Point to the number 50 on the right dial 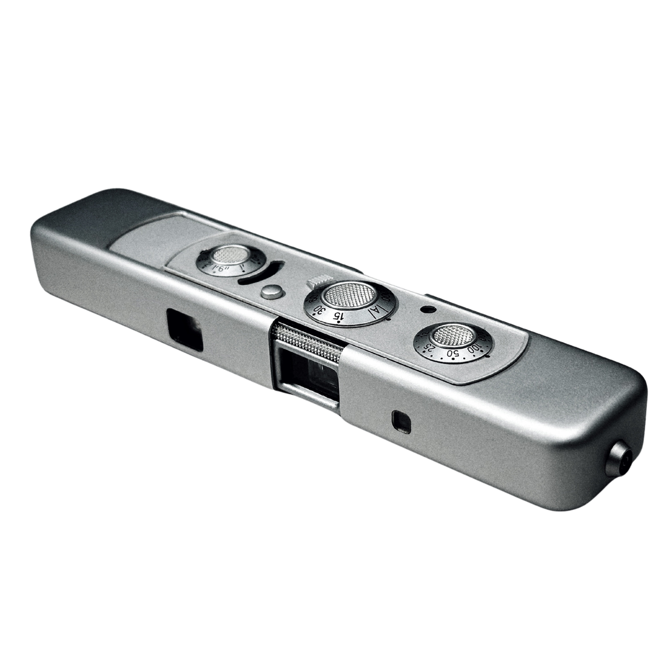pos(452,354)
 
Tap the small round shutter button pos(272,292)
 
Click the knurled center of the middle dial pos(350,295)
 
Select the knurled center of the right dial pos(454,335)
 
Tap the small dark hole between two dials pos(428,309)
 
